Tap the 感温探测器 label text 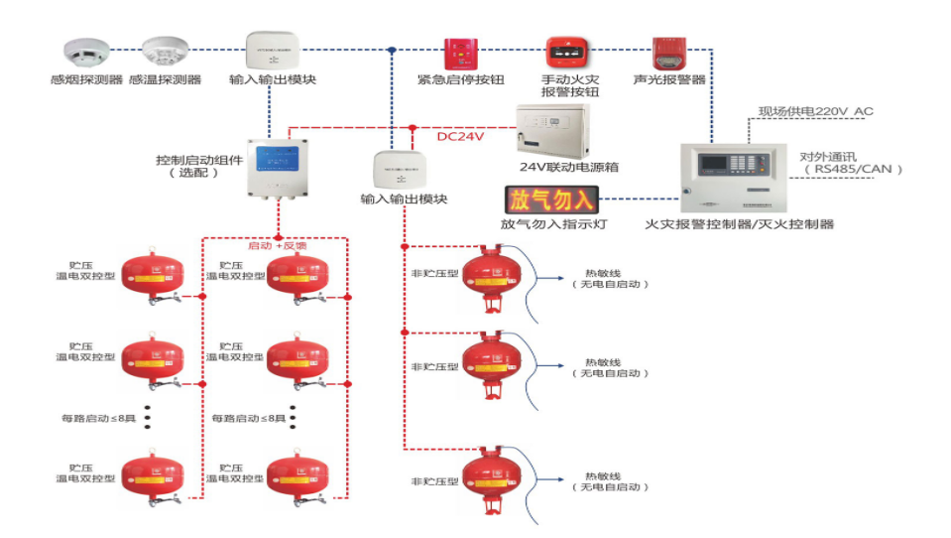point(165,79)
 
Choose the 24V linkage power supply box point(552,129)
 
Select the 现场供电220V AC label point(816,111)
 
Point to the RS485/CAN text point(852,170)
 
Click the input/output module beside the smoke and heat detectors point(272,49)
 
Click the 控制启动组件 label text point(198,159)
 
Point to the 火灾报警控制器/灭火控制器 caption point(739,224)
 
